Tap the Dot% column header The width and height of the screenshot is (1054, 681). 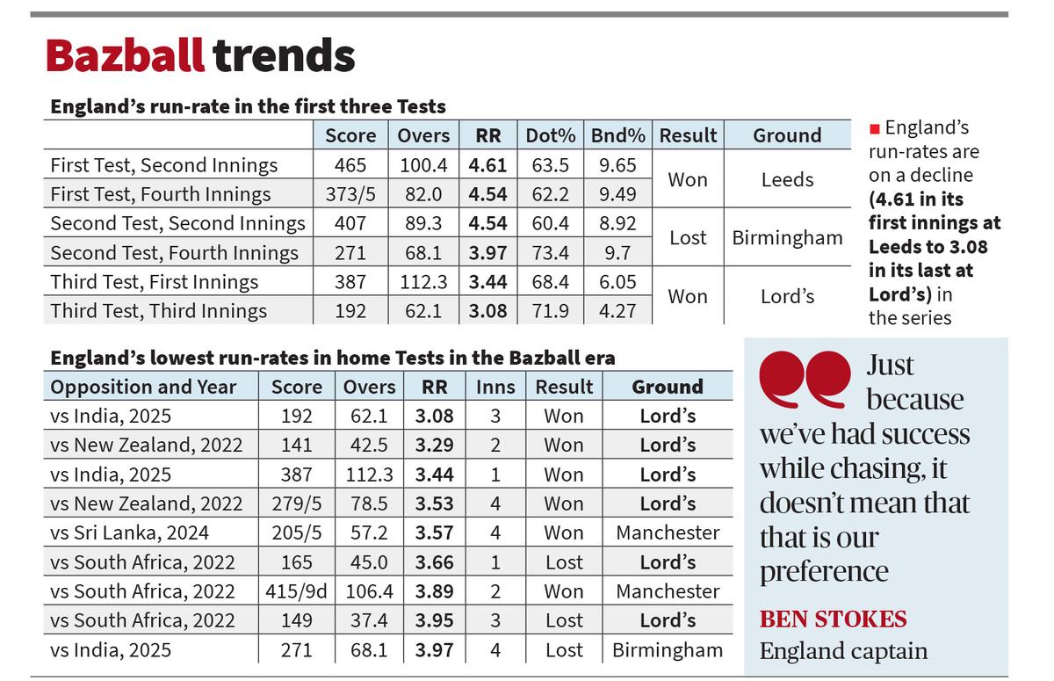551,135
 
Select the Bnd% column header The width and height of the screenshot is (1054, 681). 618,135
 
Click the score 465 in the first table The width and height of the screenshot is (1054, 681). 350,165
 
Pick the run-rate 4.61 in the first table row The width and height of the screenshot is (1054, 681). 488,165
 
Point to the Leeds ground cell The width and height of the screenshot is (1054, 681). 787,179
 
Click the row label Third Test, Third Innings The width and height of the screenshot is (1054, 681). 159,311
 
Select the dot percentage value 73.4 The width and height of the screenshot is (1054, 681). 551,253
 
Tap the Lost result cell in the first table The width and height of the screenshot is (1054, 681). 688,238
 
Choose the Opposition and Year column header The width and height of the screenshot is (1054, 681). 143,387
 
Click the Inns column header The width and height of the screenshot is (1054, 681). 495,387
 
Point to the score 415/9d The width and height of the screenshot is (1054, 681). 296,591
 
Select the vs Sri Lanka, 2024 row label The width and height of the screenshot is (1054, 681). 131,532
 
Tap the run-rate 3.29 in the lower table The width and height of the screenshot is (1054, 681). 434,446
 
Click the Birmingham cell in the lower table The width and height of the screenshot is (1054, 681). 668,650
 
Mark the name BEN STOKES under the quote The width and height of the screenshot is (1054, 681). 833,619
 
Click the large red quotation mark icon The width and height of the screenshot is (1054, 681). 804,380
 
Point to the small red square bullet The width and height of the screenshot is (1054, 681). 874,129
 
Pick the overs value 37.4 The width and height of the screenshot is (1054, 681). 369,620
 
